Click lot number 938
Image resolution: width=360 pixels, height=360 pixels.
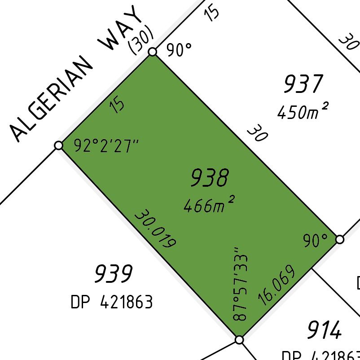coord(210,178)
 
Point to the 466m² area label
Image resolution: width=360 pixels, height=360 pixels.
coord(209,205)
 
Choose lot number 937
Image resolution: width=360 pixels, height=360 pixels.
coord(303,84)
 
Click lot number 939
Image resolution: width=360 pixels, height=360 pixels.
coord(114,273)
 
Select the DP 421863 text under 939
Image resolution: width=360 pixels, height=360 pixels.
coord(112,302)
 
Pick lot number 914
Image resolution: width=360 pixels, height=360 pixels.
coord(325,331)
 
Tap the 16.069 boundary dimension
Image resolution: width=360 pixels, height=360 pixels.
coord(277,285)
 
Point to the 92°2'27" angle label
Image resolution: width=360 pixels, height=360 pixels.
coord(107,146)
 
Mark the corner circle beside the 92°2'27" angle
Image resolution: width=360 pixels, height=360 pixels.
coord(58,145)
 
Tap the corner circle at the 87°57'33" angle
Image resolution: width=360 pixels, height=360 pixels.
coord(239,340)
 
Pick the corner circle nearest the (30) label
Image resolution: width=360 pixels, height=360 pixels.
coord(153,52)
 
